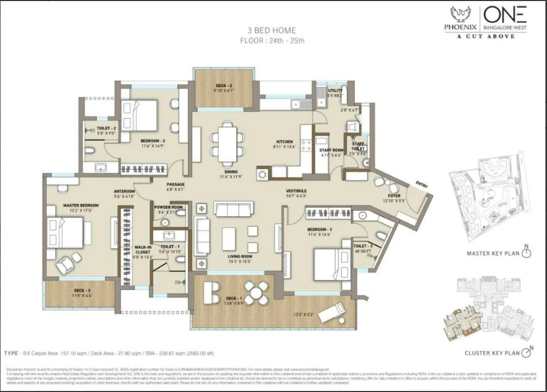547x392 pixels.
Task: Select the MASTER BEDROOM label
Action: pos(81,205)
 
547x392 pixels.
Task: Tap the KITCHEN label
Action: pos(285,142)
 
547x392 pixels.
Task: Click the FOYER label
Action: pos(394,195)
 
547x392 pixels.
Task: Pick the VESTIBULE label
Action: pos(296,190)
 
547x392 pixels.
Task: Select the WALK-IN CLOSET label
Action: pos(143,249)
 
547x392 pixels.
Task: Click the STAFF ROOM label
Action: pos(331,150)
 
